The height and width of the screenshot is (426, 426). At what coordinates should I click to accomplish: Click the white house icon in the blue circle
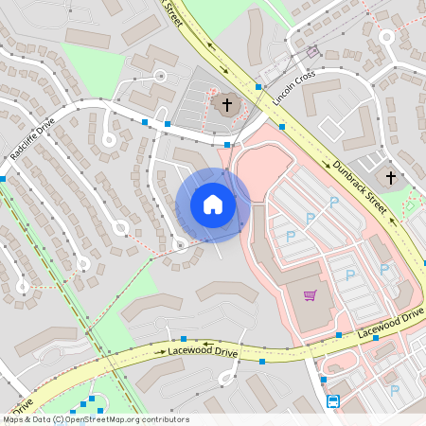coord(213,204)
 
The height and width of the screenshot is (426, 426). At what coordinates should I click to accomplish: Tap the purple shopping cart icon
coord(310,295)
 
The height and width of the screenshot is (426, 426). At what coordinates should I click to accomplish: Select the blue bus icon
coord(333,401)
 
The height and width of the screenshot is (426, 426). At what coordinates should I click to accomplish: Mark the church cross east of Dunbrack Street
coord(390,177)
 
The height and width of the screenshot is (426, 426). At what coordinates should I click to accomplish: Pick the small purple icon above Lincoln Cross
coord(313,52)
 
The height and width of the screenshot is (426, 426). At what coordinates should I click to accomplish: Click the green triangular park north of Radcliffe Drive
coord(95,66)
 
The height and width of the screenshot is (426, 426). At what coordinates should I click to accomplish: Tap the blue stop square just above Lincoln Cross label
coord(258,87)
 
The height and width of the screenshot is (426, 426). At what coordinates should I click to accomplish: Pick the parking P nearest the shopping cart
coord(349,275)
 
